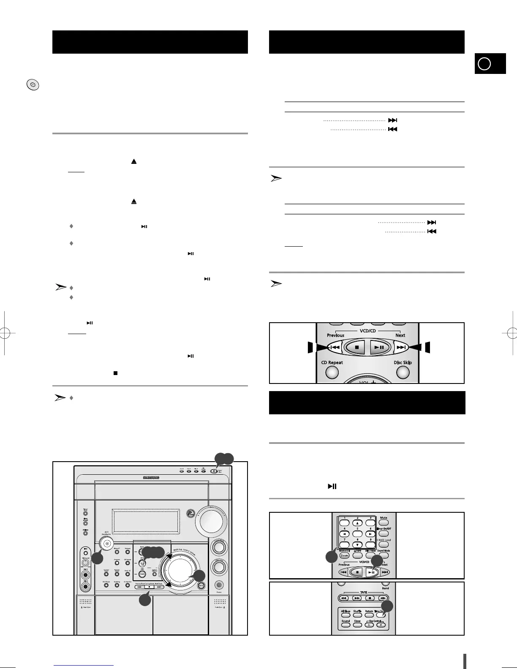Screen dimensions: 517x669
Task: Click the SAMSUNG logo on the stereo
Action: (x=151, y=477)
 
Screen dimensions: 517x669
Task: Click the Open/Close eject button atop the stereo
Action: (x=214, y=471)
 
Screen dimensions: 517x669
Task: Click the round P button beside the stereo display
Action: (x=190, y=513)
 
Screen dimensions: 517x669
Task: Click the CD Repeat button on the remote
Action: (x=332, y=372)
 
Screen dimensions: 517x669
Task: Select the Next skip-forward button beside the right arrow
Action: (x=401, y=348)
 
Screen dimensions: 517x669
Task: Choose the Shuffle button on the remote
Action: (x=357, y=615)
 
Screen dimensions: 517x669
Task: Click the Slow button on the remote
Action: (x=357, y=625)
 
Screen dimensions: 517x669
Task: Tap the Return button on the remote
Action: (x=369, y=615)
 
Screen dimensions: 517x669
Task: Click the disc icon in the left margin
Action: (x=33, y=85)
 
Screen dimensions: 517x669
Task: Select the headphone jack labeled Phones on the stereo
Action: (x=219, y=585)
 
